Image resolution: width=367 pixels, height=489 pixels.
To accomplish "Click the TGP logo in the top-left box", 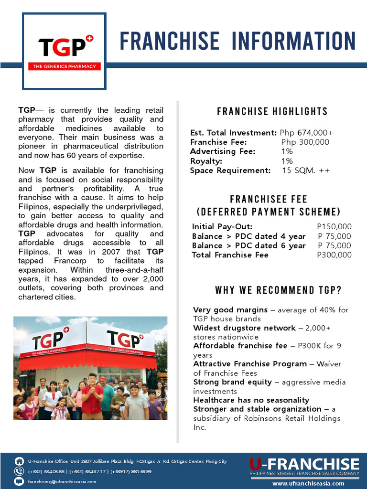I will click(64, 51).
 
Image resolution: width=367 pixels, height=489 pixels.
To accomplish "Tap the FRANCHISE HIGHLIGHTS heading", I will click(272, 112).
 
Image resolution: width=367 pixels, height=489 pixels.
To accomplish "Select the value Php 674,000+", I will click(306, 133).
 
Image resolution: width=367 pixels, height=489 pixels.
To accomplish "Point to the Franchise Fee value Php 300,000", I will click(305, 142).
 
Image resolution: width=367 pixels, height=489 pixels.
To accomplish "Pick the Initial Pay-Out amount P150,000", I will click(334, 227).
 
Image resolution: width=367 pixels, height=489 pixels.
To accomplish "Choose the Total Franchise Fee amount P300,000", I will click(334, 255).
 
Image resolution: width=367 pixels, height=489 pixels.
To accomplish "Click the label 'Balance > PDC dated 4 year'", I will click(248, 236).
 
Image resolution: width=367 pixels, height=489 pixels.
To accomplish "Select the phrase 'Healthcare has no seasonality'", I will click(251, 400).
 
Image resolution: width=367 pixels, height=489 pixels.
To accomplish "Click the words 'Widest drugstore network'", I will click(244, 328).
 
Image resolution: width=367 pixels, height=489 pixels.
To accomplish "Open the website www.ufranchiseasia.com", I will click(308, 483).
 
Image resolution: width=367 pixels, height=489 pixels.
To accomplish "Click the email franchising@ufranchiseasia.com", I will click(62, 481).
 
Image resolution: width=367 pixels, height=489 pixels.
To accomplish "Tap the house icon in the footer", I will click(20, 461).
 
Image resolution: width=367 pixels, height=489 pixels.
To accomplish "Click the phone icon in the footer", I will click(20, 471).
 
